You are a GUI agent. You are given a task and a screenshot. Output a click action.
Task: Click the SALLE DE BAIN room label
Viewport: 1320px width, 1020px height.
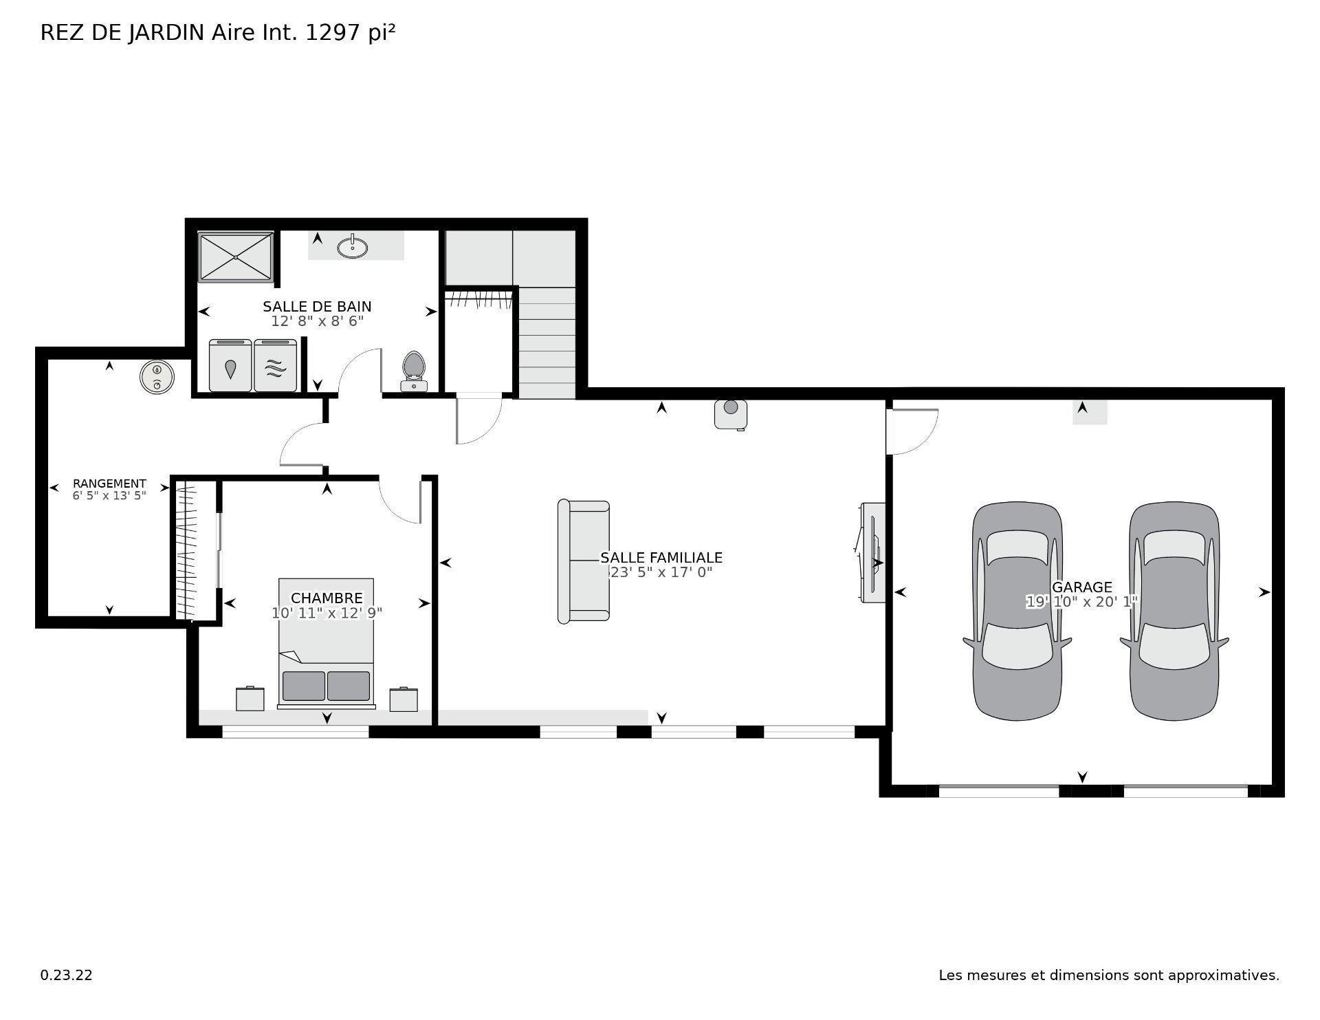tap(317, 306)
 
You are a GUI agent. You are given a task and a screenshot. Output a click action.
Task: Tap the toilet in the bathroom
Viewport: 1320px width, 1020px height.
tap(413, 370)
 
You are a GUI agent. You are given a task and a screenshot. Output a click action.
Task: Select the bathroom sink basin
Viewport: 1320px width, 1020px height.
tap(353, 247)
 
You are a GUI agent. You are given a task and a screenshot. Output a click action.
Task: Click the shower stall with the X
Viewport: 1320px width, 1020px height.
tap(236, 257)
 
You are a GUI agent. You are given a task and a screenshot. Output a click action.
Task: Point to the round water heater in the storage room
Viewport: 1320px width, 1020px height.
tap(157, 376)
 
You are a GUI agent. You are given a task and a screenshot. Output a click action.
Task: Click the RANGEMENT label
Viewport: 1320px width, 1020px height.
tap(109, 484)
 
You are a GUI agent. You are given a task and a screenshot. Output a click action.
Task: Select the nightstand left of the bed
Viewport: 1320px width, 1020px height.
tap(250, 699)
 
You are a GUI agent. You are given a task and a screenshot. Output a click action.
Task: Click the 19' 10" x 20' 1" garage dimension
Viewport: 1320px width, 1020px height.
tap(1081, 602)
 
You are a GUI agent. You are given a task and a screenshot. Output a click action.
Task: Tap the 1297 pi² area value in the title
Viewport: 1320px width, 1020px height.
tap(350, 33)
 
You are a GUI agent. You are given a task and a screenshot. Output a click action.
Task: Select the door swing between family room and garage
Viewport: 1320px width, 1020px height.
tap(911, 432)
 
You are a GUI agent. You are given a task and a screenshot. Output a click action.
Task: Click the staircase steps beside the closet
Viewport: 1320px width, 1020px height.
tap(547, 344)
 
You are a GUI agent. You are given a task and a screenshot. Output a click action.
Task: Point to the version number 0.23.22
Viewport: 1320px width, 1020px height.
tap(66, 975)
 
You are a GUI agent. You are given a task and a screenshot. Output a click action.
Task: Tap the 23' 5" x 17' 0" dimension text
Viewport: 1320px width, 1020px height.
tap(661, 572)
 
